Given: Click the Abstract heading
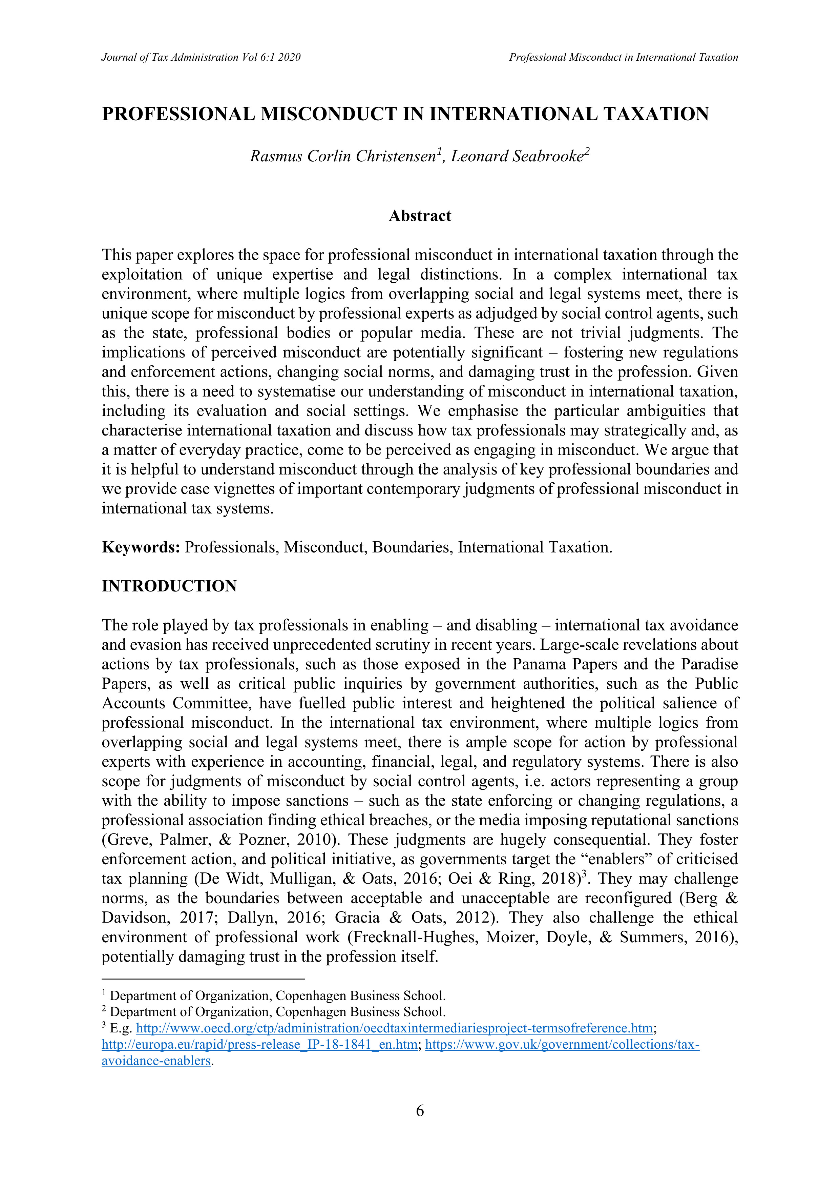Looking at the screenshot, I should tap(420, 216).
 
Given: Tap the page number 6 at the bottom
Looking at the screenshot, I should tap(420, 1110).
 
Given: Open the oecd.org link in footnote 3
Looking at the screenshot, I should tap(394, 1028).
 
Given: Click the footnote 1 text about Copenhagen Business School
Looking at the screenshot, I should tap(277, 996).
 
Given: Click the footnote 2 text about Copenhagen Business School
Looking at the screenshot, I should tap(277, 1012).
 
